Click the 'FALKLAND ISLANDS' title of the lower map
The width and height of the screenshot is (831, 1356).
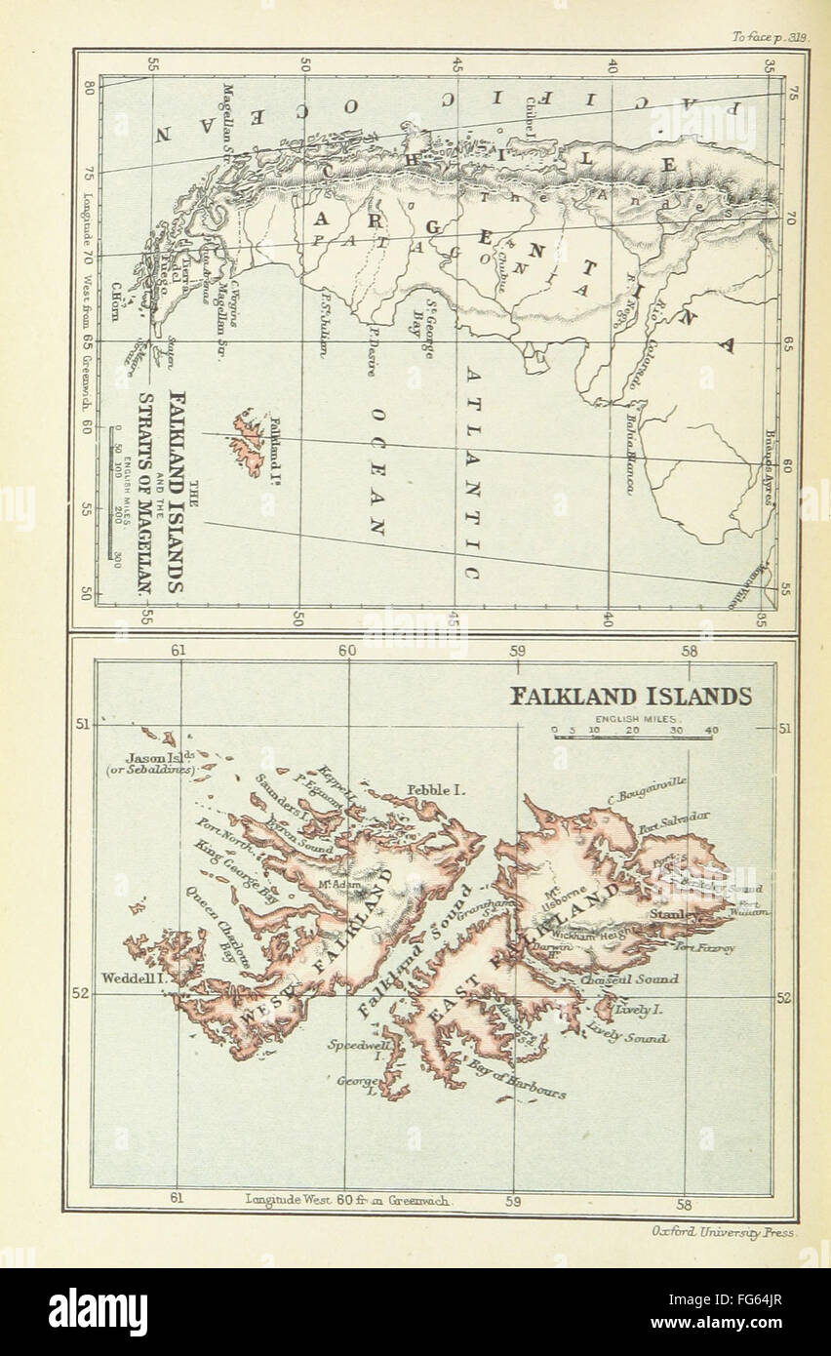(x=631, y=697)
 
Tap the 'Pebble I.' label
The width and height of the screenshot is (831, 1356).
(x=430, y=789)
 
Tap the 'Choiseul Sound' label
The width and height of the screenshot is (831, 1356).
(x=629, y=978)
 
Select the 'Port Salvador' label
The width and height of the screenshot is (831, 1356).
(x=674, y=822)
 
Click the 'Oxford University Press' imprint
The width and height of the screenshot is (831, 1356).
(x=724, y=1231)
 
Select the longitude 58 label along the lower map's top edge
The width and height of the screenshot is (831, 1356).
(x=689, y=651)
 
